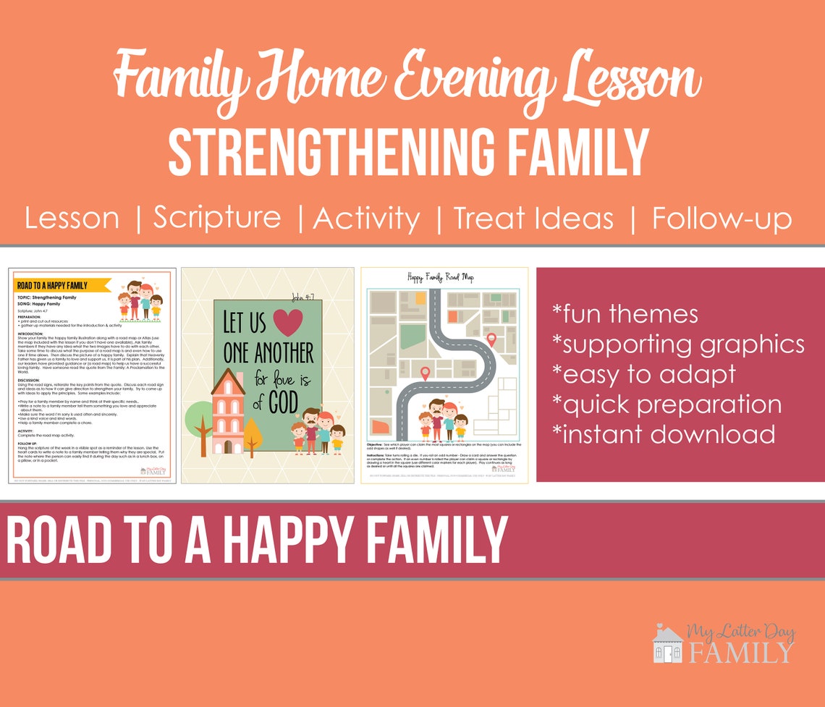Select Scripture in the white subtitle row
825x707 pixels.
click(217, 218)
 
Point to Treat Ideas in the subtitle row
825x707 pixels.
click(534, 218)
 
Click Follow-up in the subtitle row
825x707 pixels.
click(722, 218)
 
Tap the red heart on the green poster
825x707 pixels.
click(289, 322)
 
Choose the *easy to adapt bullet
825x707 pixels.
click(643, 373)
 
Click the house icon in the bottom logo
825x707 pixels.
click(667, 645)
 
